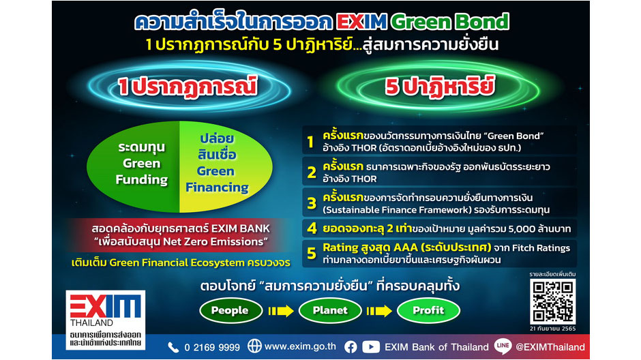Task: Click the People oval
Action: click(x=230, y=310)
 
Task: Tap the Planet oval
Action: click(x=330, y=310)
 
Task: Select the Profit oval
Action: click(x=428, y=310)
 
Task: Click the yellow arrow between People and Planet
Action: click(x=281, y=311)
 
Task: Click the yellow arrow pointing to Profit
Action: click(x=379, y=311)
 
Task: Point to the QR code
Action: click(x=553, y=301)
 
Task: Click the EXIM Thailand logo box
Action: click(x=106, y=320)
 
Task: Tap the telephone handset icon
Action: click(x=173, y=347)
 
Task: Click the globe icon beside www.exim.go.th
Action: click(x=254, y=346)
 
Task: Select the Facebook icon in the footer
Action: click(x=351, y=347)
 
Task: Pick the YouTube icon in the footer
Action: click(x=371, y=347)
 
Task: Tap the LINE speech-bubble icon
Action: click(x=503, y=346)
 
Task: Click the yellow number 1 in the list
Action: click(x=311, y=142)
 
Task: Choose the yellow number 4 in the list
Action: click(x=312, y=228)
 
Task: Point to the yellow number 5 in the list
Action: click(x=312, y=254)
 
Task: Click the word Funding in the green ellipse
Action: click(x=142, y=179)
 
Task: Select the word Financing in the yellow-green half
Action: click(x=217, y=187)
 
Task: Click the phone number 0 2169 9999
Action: click(x=212, y=347)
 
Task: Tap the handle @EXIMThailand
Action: click(x=550, y=347)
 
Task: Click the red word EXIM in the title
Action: click(x=362, y=22)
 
